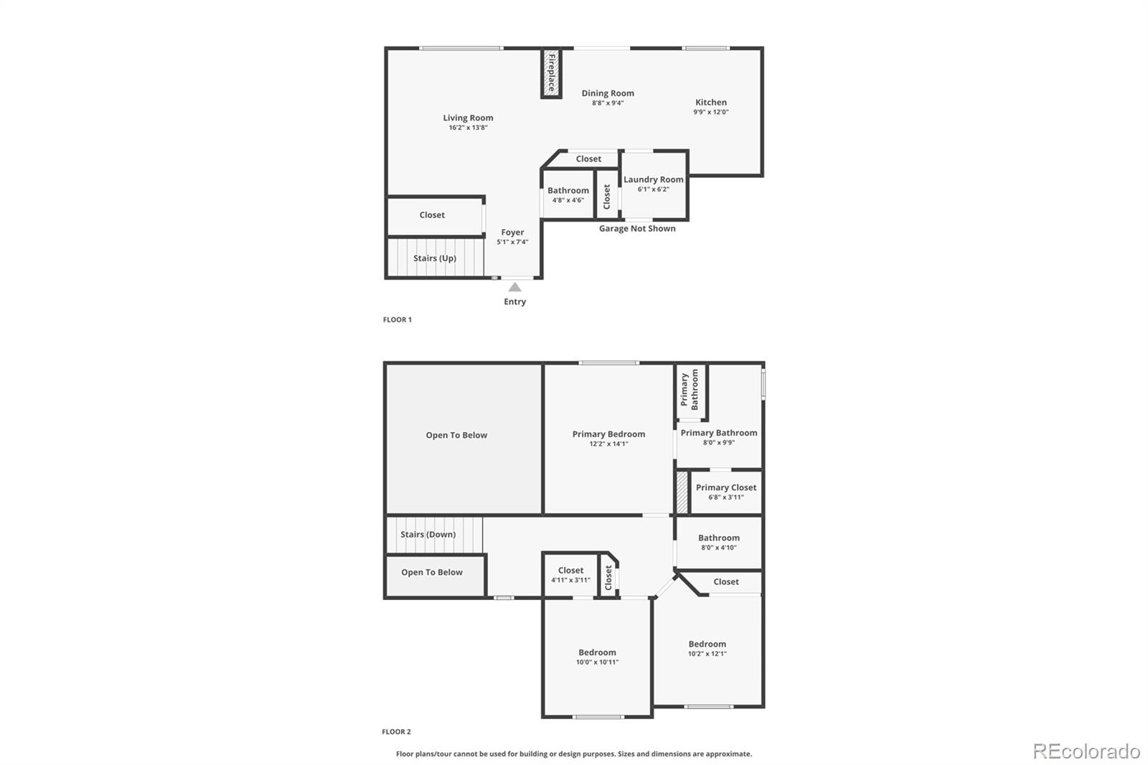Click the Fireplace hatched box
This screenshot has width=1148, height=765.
[552, 72]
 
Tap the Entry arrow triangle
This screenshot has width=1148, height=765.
[514, 287]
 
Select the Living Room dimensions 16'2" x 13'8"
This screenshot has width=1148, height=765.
[468, 128]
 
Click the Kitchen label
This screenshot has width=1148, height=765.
[711, 102]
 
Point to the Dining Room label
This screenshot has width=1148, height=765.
[608, 93]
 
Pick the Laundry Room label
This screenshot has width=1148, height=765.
[654, 179]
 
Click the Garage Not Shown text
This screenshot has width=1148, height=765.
[637, 228]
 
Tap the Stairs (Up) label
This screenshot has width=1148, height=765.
[435, 258]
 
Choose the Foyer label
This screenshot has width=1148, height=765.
[512, 233]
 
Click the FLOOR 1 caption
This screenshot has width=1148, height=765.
[397, 319]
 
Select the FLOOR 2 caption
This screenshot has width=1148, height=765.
[396, 732]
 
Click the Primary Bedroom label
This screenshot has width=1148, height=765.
[609, 433]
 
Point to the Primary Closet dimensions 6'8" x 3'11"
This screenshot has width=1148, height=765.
[725, 497]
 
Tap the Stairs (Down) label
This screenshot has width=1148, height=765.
[428, 534]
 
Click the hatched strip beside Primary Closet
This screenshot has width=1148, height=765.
[682, 492]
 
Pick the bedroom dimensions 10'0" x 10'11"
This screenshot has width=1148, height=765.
[597, 662]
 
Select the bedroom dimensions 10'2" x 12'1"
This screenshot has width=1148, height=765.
[707, 653]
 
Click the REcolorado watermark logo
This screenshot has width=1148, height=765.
[1086, 751]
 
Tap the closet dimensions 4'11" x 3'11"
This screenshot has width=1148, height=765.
[570, 580]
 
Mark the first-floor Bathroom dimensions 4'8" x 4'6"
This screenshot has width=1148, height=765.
[568, 200]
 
